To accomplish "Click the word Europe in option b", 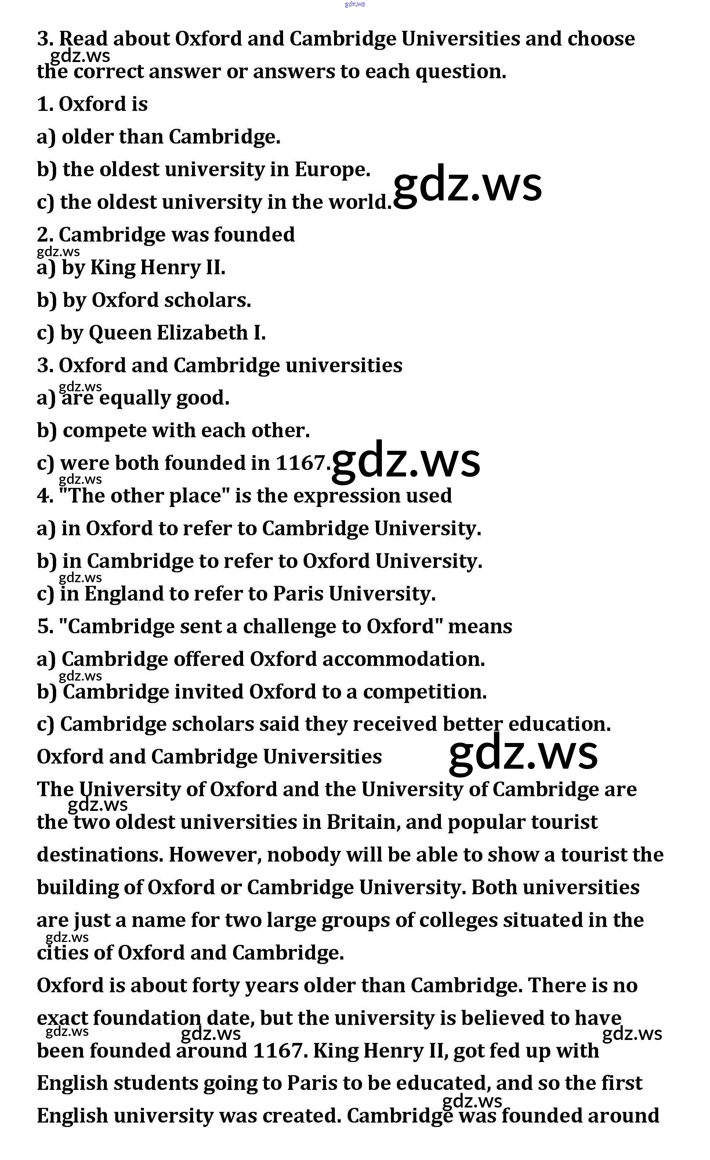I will (x=332, y=170).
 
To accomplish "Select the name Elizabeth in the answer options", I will (x=202, y=333).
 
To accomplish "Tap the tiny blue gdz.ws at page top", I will (x=355, y=4).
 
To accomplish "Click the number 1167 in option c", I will (x=300, y=463).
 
